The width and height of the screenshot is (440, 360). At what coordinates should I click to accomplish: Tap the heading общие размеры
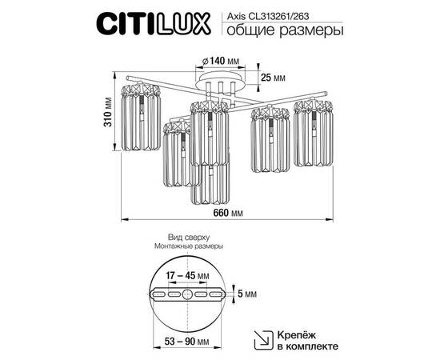pos(282,32)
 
